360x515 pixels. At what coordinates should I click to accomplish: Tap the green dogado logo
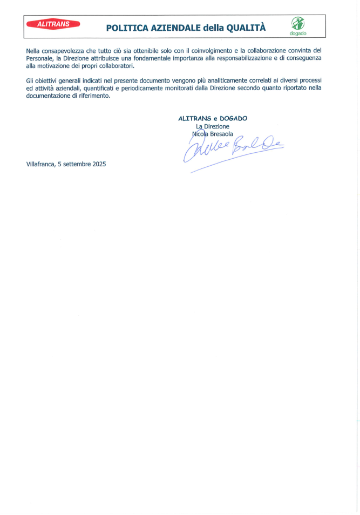(x=297, y=25)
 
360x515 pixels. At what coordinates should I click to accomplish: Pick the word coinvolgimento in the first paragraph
(x=208, y=51)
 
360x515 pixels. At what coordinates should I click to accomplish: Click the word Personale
(x=39, y=58)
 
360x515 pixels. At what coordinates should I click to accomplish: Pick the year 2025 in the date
(x=99, y=165)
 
